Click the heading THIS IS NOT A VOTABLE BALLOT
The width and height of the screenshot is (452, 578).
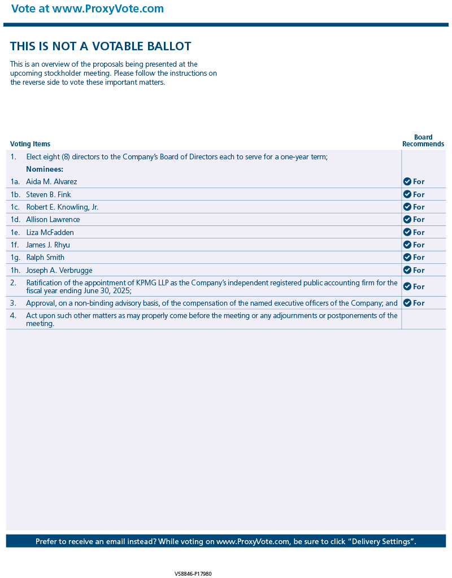pos(101,46)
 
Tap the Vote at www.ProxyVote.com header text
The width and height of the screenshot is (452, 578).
pos(88,9)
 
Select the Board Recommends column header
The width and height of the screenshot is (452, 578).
pos(423,141)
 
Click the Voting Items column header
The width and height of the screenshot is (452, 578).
pos(30,144)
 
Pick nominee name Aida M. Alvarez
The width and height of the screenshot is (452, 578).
pos(51,182)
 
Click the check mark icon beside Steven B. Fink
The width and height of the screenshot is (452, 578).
pos(407,194)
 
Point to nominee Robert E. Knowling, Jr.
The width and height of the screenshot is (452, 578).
pos(62,207)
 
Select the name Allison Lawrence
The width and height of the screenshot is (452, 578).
pos(53,220)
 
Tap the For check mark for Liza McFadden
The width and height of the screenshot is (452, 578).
pos(407,232)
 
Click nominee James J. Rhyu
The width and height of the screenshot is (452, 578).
pos(48,245)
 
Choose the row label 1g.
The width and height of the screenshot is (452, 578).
pos(15,258)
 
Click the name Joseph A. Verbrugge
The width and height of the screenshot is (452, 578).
pos(59,271)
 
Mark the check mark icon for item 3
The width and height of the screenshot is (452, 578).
pos(407,303)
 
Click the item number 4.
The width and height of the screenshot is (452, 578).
pos(13,316)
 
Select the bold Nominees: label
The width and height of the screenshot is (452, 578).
pos(45,169)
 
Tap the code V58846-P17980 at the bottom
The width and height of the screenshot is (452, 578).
pos(193,573)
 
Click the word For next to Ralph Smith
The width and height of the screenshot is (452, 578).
pos(419,258)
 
